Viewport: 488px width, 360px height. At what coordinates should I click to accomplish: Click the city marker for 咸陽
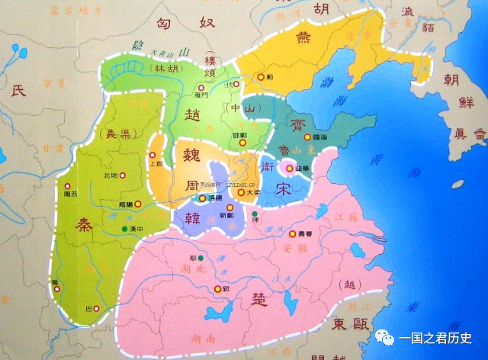(120, 205)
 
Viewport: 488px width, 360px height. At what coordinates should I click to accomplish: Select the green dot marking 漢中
(124, 229)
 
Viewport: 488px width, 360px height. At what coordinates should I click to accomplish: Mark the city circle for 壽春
(293, 233)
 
